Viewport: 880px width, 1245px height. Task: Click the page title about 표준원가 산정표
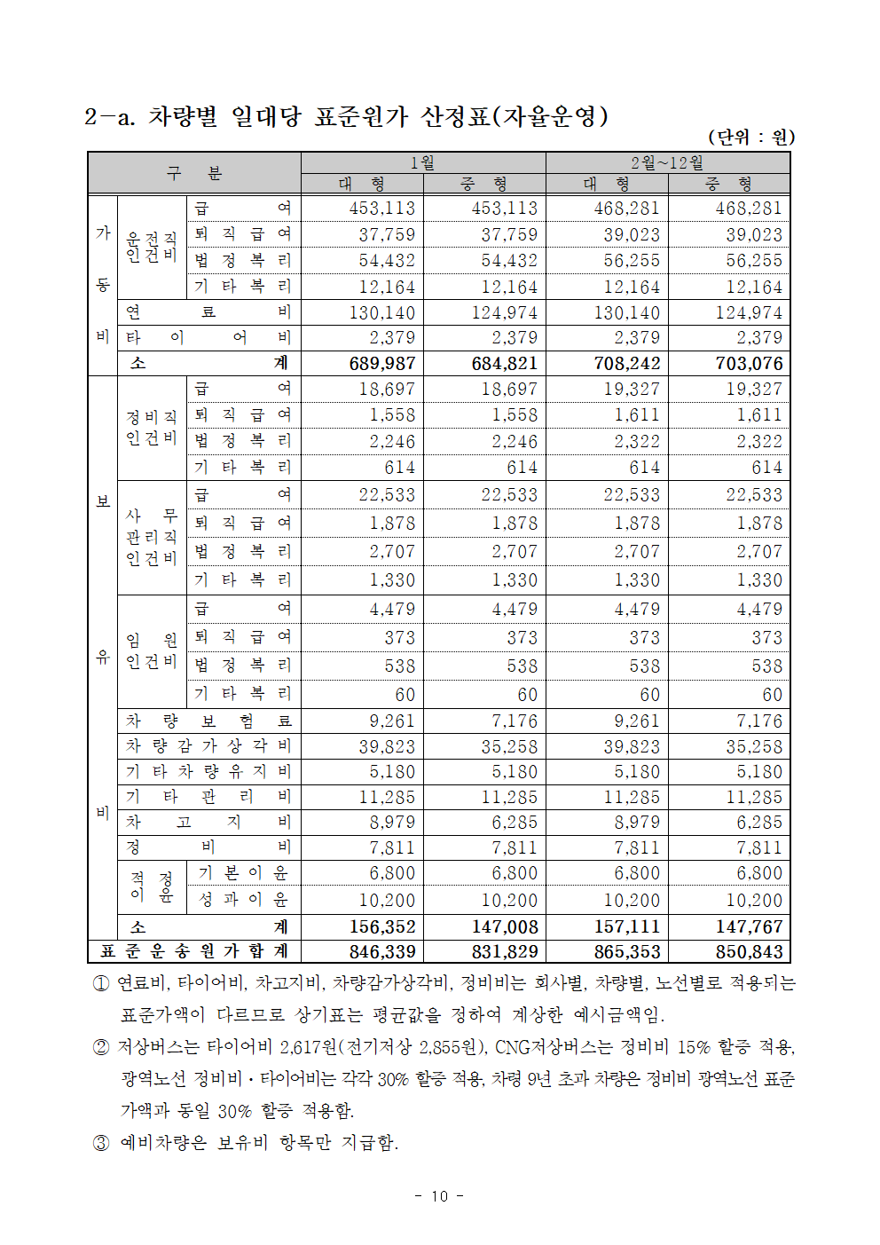(x=346, y=116)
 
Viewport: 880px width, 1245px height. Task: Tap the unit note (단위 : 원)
(x=750, y=137)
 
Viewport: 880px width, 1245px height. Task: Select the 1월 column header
(x=422, y=162)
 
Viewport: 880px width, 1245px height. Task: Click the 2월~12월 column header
(x=667, y=162)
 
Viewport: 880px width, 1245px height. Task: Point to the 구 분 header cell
(x=194, y=173)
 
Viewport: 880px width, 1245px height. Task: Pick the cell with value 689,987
(x=382, y=363)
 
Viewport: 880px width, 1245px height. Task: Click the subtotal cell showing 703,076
(x=749, y=363)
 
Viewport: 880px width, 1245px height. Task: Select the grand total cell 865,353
(x=627, y=952)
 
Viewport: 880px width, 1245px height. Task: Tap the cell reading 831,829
(x=505, y=952)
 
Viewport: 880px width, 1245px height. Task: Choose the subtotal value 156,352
(x=382, y=927)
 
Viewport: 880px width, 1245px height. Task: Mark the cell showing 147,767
(x=749, y=927)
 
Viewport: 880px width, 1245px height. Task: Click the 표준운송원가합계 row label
(x=194, y=952)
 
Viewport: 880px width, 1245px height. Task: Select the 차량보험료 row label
(x=208, y=721)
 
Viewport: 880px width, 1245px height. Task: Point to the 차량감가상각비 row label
(x=208, y=746)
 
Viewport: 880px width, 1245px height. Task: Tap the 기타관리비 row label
(x=208, y=797)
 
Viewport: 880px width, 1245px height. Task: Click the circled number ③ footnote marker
(x=101, y=1143)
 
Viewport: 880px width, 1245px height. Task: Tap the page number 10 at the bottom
(x=440, y=1196)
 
